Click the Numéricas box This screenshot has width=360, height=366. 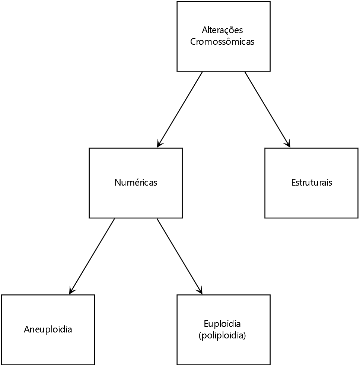pyautogui.click(x=136, y=183)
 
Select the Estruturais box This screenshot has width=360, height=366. pyautogui.click(x=311, y=183)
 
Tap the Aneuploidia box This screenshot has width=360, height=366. pyautogui.click(x=48, y=330)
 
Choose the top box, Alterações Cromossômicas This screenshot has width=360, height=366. pyautogui.click(x=223, y=36)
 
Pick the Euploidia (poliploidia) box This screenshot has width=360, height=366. pyautogui.click(x=223, y=330)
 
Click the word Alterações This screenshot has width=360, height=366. pyautogui.click(x=222, y=30)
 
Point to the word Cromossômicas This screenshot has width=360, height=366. pyautogui.click(x=222, y=42)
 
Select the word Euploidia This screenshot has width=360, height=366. pyautogui.click(x=222, y=324)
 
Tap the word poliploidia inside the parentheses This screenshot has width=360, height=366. pyautogui.click(x=222, y=335)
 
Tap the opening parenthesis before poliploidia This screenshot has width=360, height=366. pyautogui.click(x=200, y=336)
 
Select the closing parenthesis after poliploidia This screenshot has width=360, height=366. pyautogui.click(x=245, y=336)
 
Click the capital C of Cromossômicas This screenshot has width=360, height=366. pyautogui.click(x=193, y=42)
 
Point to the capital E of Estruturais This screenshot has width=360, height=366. pyautogui.click(x=293, y=183)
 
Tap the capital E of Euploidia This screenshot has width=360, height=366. pyautogui.click(x=206, y=324)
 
